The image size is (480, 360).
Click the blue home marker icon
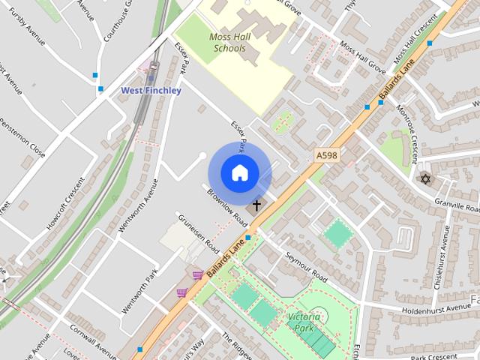click(239, 173)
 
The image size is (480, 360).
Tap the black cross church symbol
click(256, 204)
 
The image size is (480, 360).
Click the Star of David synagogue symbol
click(426, 178)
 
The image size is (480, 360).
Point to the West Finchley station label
click(151, 91)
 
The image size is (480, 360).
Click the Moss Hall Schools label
click(227, 43)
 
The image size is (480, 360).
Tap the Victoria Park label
click(304, 322)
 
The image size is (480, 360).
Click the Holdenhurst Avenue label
click(425, 307)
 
